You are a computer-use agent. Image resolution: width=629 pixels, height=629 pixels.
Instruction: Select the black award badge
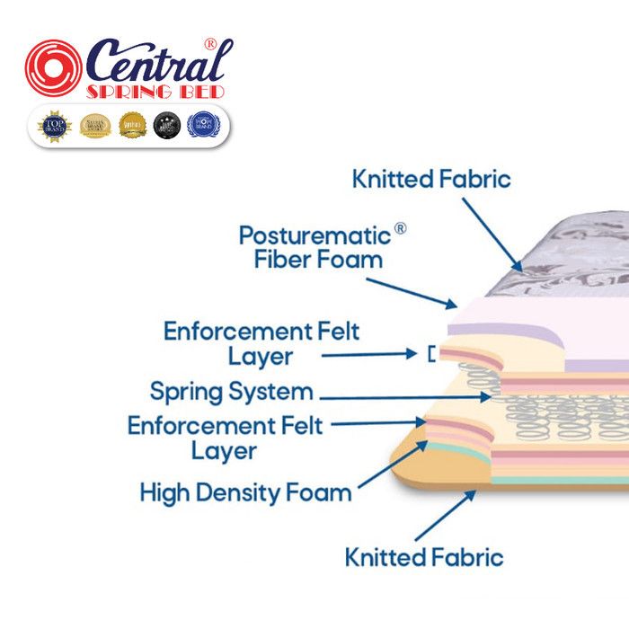point(166,125)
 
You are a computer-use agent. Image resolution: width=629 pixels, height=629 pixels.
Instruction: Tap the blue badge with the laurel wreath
point(202,125)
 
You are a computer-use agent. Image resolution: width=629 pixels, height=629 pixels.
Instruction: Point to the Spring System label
point(231,392)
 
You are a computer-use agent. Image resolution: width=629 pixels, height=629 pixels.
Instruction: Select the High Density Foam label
point(245,492)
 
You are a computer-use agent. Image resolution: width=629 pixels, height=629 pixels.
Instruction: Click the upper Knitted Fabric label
point(431,179)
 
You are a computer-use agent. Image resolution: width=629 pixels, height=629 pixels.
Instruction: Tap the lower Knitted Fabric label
point(424,557)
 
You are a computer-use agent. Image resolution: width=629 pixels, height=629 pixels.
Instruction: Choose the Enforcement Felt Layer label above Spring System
point(261,343)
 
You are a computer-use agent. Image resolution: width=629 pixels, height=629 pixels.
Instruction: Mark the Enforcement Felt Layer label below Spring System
point(225,438)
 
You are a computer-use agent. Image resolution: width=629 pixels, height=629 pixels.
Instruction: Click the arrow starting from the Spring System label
point(404,395)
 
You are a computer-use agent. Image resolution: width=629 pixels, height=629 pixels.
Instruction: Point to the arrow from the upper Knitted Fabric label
point(492,234)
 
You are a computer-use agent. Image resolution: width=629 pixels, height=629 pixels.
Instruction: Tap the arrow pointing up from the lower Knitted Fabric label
point(444,516)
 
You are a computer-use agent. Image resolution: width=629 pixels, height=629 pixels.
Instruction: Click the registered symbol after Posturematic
point(400,229)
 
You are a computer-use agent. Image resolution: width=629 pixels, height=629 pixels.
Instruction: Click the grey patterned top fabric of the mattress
point(557,261)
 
